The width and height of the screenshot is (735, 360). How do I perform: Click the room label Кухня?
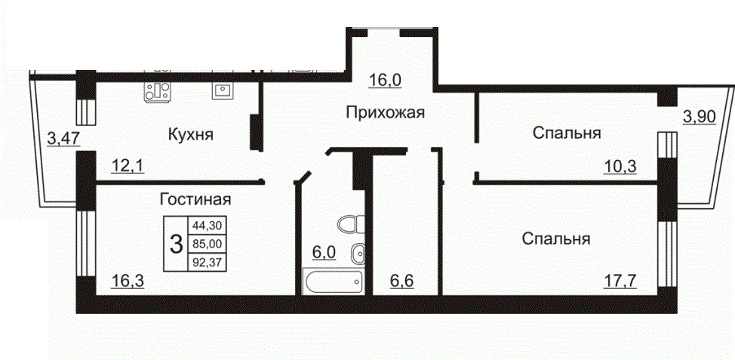(x=191, y=135)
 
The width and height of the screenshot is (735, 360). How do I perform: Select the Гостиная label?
(x=195, y=200)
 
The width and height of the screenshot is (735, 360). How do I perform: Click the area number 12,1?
(x=128, y=165)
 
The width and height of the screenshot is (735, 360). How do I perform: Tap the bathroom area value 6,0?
(x=324, y=253)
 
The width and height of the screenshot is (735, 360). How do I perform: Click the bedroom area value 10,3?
(x=620, y=165)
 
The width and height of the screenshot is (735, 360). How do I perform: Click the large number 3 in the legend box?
(x=175, y=244)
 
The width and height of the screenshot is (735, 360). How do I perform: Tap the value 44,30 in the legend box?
(x=207, y=225)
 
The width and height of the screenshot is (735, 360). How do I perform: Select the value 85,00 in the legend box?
(x=207, y=243)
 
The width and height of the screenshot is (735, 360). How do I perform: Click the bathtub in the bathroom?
(x=334, y=282)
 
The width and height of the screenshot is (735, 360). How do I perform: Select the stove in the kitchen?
(x=157, y=91)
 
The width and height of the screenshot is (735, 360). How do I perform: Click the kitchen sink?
(x=220, y=90)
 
